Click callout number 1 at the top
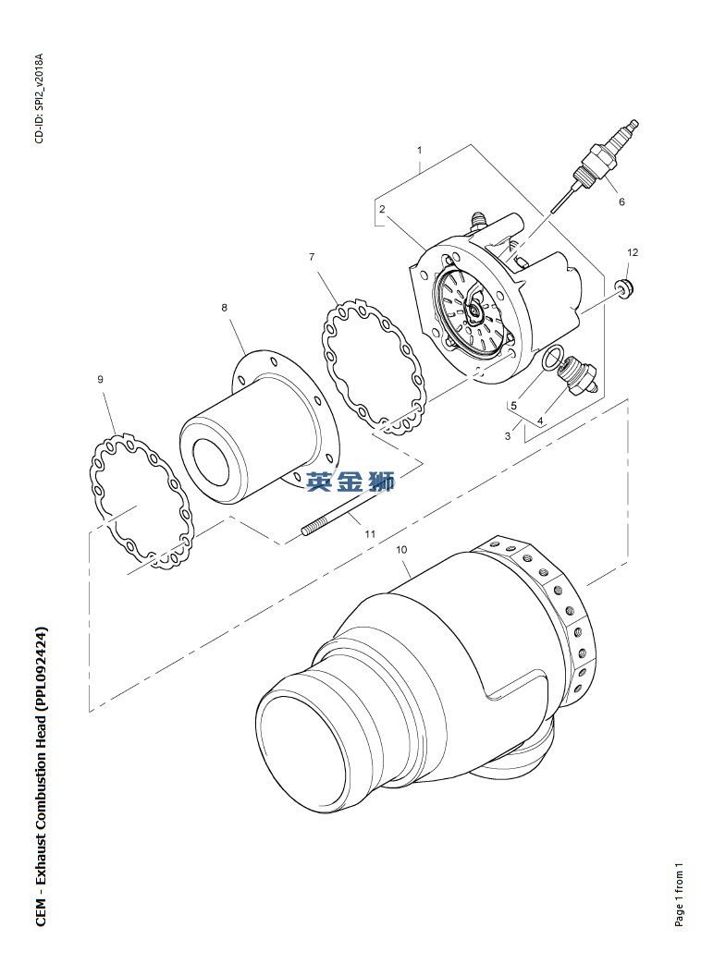(419, 150)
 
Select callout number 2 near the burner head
(382, 209)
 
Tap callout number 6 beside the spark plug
(621, 201)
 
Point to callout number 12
(633, 252)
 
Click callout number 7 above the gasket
(312, 257)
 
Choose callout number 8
(225, 308)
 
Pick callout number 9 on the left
(100, 379)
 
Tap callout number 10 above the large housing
(401, 550)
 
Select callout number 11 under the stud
(370, 534)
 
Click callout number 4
(540, 421)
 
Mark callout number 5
(513, 406)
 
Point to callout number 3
(508, 436)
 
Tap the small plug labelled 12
(626, 289)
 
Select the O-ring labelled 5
(552, 359)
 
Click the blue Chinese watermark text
(350, 481)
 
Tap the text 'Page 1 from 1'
(679, 894)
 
